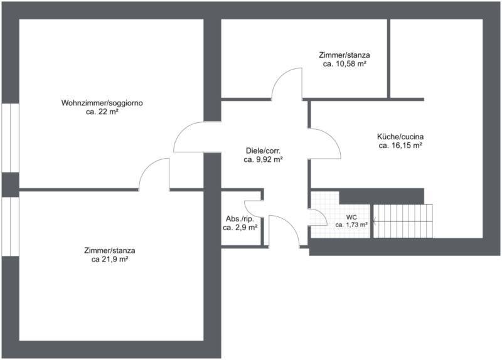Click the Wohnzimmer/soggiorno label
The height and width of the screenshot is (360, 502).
102,103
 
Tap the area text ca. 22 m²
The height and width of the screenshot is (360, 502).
102,112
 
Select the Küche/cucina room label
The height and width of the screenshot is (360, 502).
400,137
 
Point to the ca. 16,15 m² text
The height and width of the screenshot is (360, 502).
400,146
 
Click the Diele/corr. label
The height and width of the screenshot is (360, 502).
263,151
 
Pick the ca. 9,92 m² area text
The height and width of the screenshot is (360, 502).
263,159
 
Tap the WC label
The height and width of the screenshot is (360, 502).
351,218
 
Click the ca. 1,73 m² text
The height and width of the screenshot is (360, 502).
351,225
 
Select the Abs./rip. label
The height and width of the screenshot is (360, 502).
240,219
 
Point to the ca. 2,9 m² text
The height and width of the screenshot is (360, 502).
240,228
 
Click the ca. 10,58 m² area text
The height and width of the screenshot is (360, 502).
344,64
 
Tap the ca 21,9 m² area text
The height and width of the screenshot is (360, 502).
110,259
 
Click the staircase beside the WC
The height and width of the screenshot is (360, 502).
403,221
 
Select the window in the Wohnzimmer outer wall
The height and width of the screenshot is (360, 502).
10,138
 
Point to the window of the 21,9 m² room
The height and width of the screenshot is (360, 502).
10,226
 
